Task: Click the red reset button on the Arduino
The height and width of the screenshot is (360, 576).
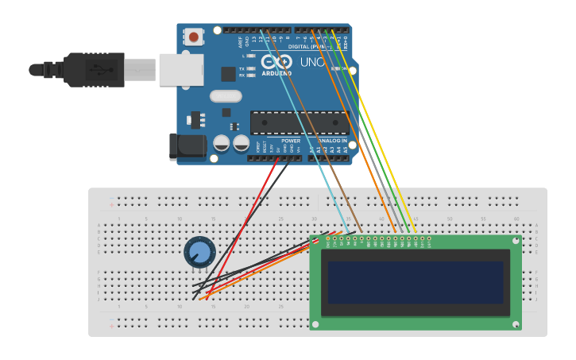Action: coord(194,37)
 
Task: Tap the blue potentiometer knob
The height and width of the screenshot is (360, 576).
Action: coord(199,253)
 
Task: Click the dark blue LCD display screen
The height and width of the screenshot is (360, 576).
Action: coord(416,282)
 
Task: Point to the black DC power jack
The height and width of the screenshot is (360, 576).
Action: coord(187,147)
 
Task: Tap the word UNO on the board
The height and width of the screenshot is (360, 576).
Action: coord(311,62)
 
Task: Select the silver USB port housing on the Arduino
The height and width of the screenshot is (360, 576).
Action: coord(181,69)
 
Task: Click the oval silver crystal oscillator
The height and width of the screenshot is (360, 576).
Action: coord(226,96)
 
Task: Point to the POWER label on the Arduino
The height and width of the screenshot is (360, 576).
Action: coord(291,141)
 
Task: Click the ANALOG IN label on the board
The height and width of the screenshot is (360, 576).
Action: coord(333,141)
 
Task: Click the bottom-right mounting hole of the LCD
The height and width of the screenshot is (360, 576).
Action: coord(516,324)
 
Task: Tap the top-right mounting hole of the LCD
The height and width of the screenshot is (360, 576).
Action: coord(516,239)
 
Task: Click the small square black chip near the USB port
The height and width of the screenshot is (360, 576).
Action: coord(228,74)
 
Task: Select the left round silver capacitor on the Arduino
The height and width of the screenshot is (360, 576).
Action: coord(222,143)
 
